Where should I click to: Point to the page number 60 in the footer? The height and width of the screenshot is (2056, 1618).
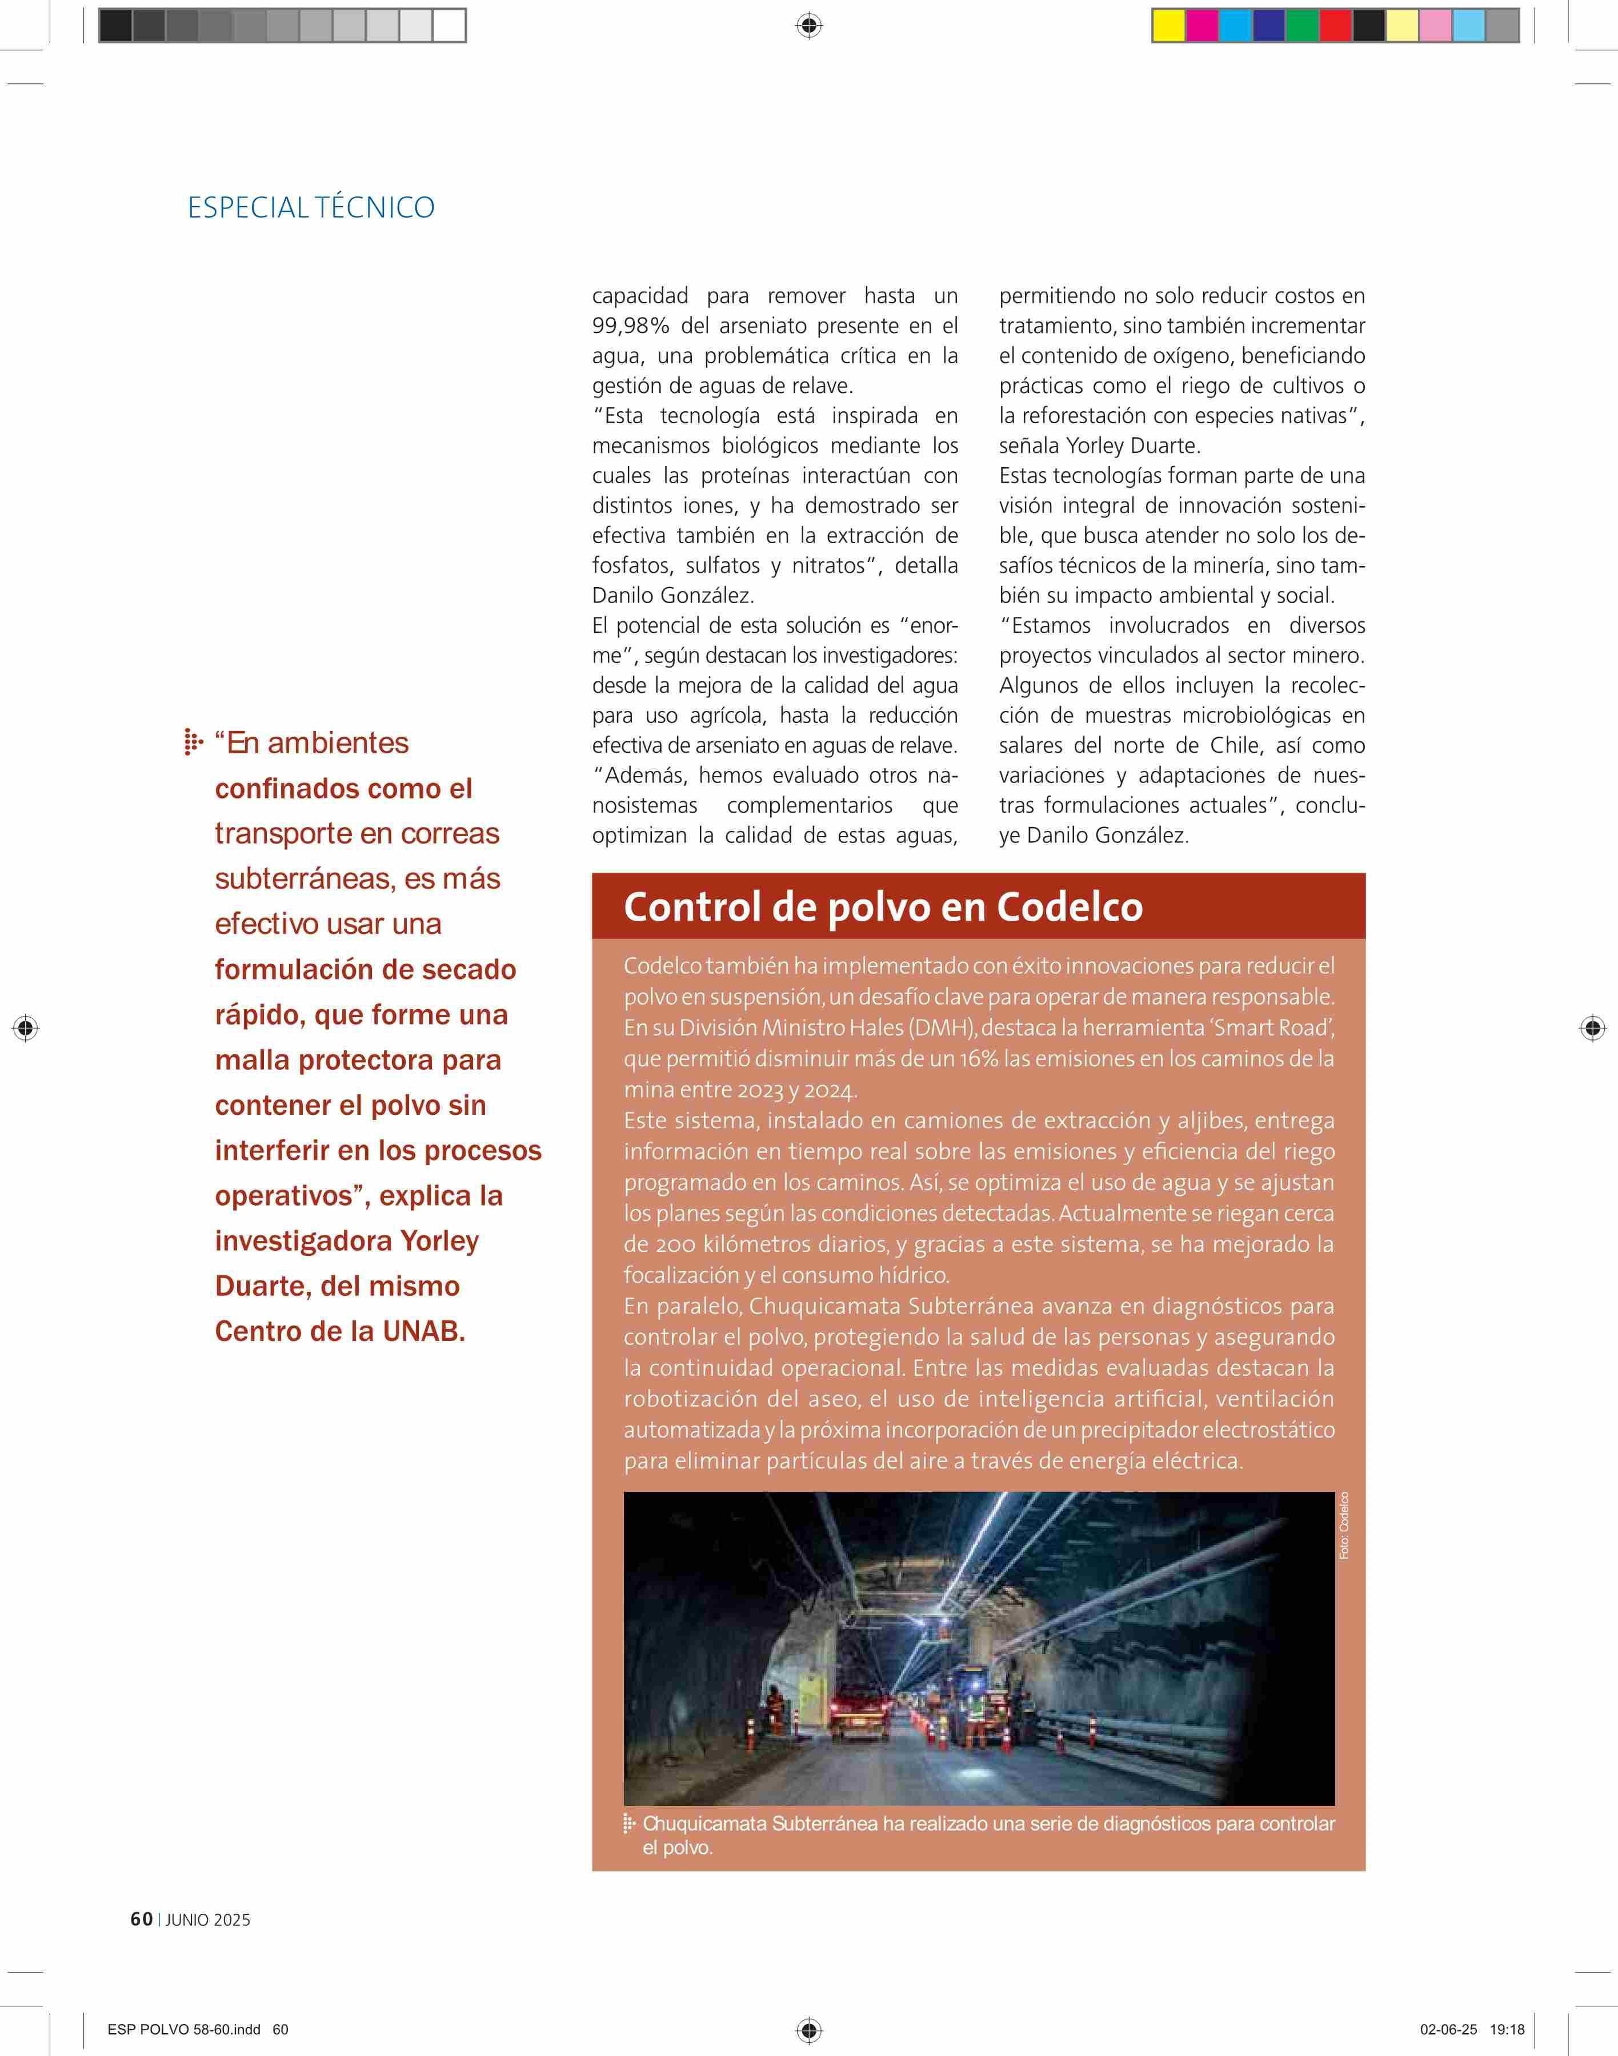point(141,1920)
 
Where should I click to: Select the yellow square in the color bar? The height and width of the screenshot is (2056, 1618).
point(1167,26)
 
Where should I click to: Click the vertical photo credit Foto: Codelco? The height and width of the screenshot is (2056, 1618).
point(1344,1525)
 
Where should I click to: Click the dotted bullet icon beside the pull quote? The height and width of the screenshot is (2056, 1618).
point(193,744)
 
